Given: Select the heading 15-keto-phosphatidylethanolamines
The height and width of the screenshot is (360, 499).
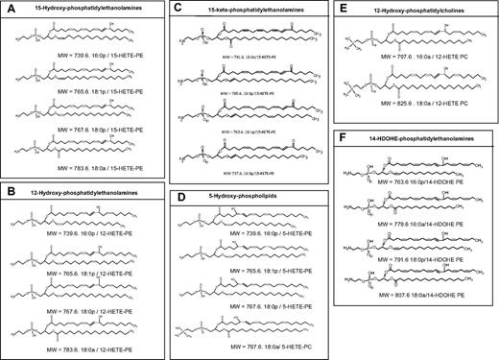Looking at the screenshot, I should (252, 10).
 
